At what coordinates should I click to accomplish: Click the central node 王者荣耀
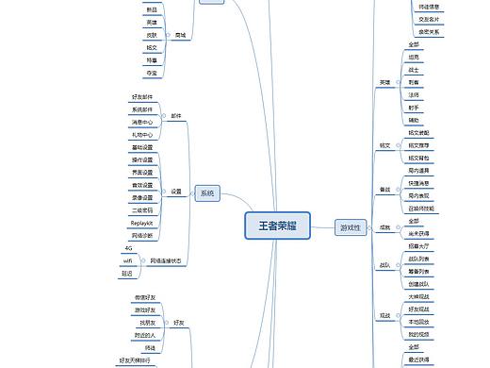coord(278,226)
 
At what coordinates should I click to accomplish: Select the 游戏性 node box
coord(350,226)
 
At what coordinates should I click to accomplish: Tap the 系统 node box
coord(206,193)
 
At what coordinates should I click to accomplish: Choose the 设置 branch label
coord(176,192)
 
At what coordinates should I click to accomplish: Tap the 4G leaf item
coord(128,248)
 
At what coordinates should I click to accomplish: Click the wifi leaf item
coord(127,260)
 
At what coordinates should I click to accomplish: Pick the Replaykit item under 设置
coord(141,223)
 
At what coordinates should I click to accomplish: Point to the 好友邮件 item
coord(141,96)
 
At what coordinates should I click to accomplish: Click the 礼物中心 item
coord(141,134)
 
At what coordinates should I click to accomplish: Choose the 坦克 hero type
coord(415,57)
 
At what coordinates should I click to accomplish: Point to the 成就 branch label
coord(384,227)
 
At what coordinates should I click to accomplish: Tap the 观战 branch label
coord(384,315)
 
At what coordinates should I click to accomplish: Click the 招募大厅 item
coord(420,245)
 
